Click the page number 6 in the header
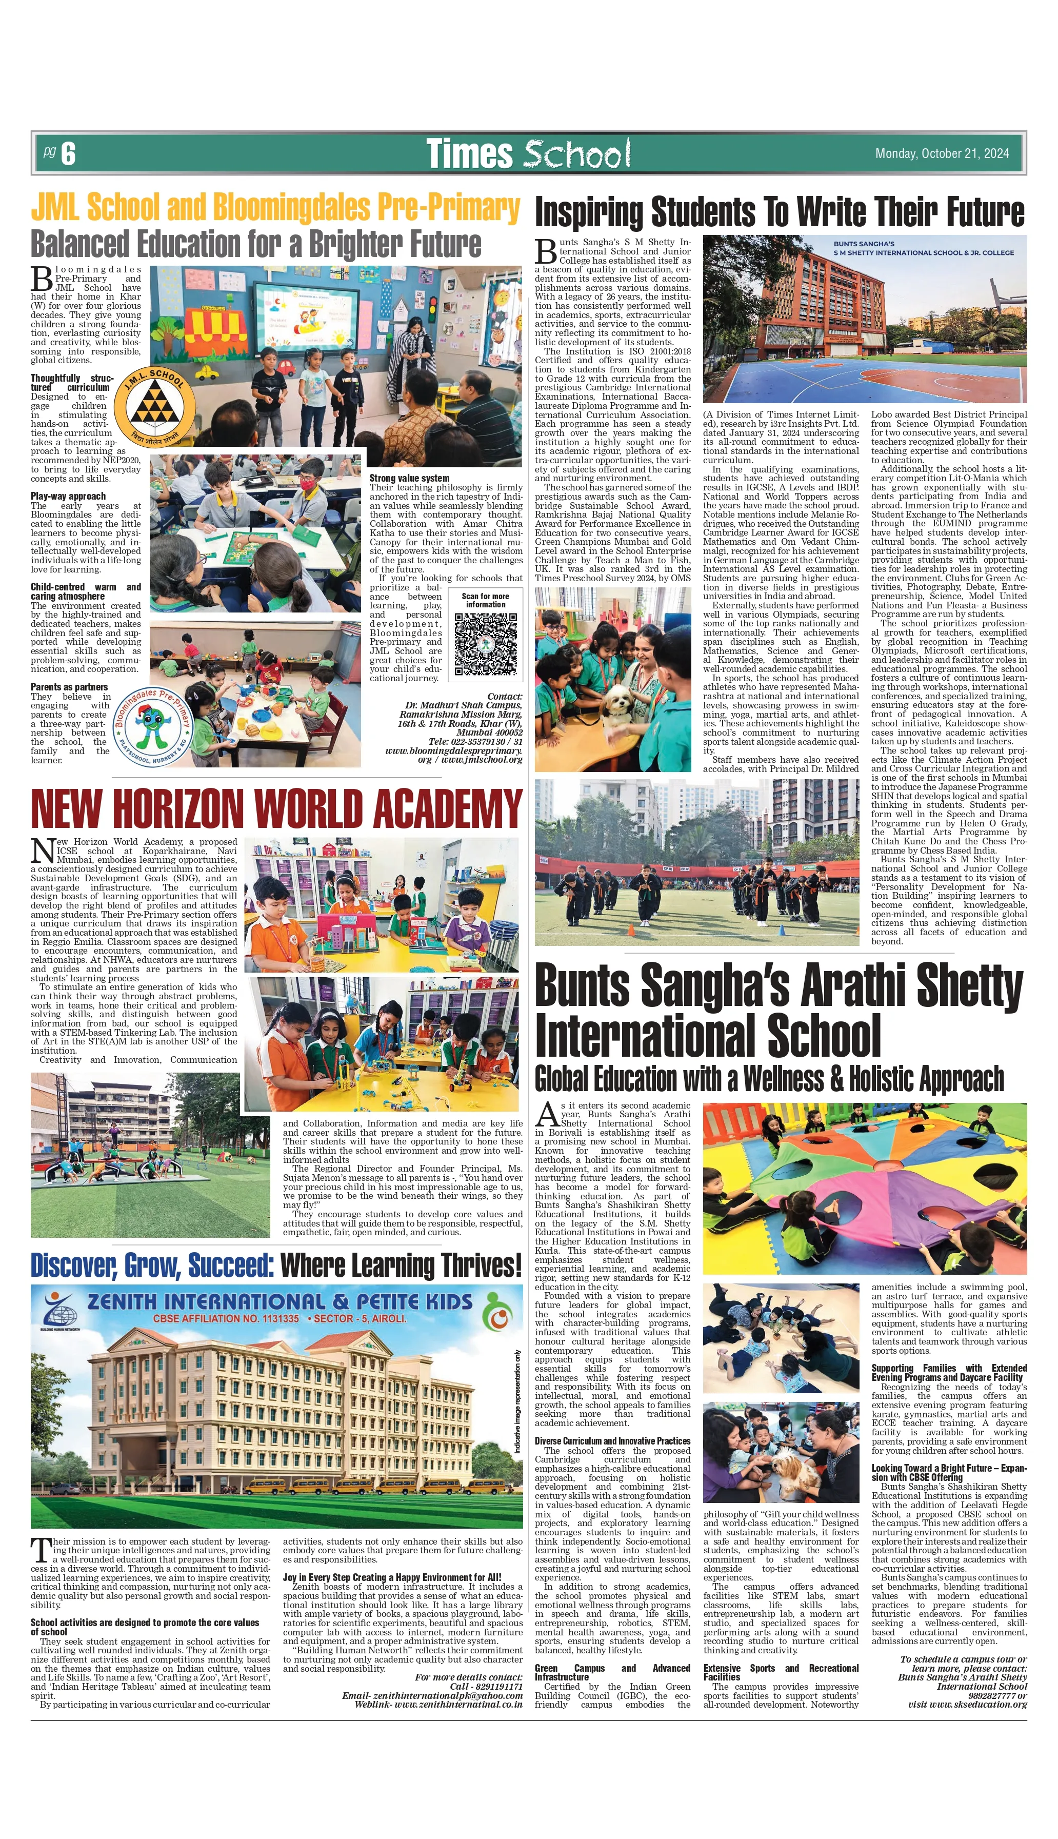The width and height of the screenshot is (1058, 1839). [68, 153]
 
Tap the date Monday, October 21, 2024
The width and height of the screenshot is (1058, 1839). [941, 153]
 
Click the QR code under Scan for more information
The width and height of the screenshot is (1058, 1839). [485, 644]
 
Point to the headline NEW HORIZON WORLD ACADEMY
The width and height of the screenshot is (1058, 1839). [276, 808]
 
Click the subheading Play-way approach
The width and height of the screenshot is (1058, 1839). [68, 496]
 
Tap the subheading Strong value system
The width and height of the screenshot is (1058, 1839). [409, 478]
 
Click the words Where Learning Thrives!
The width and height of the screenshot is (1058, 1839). [401, 1265]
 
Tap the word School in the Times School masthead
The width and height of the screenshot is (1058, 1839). [576, 154]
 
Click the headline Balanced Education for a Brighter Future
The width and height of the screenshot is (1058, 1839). [256, 244]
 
